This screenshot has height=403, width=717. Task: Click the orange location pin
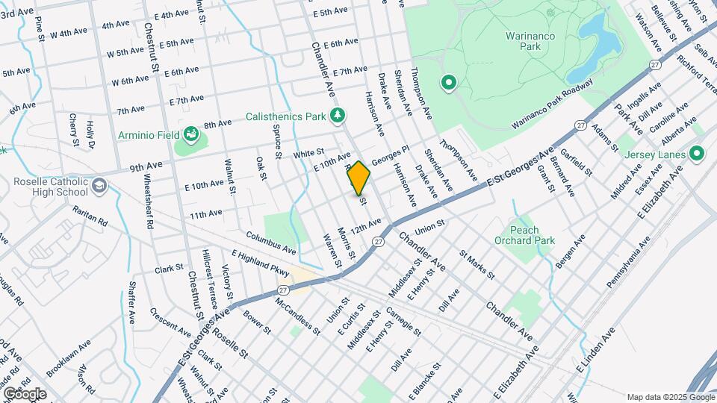pos(358,178)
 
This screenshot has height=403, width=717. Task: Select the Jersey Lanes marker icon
pos(697,154)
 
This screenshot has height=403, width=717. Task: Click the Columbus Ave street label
pos(271,241)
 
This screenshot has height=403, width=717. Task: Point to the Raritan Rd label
pos(90,218)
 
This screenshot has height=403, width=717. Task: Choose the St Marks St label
pos(478,265)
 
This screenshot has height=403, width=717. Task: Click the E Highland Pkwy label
pos(260,263)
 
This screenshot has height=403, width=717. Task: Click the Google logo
pos(25,393)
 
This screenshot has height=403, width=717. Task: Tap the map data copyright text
pos(670,397)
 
